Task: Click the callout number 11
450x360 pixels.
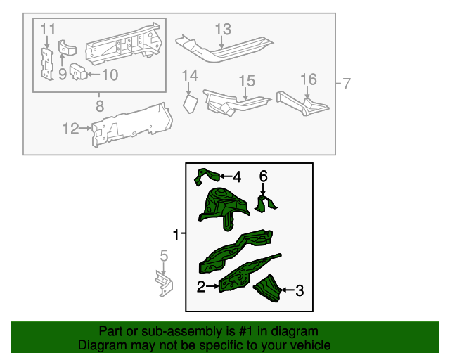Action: click(x=47, y=29)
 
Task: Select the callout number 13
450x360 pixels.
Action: click(x=222, y=29)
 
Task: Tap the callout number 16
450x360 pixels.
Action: click(x=309, y=79)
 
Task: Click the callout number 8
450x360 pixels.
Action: click(x=99, y=106)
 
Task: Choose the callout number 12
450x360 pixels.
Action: click(x=71, y=128)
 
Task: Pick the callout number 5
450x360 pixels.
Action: click(x=163, y=255)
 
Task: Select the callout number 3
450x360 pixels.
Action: click(x=299, y=290)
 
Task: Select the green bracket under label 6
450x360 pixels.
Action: click(x=266, y=205)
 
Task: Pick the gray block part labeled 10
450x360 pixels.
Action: click(x=77, y=72)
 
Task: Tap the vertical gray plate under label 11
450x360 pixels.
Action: click(x=46, y=65)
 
